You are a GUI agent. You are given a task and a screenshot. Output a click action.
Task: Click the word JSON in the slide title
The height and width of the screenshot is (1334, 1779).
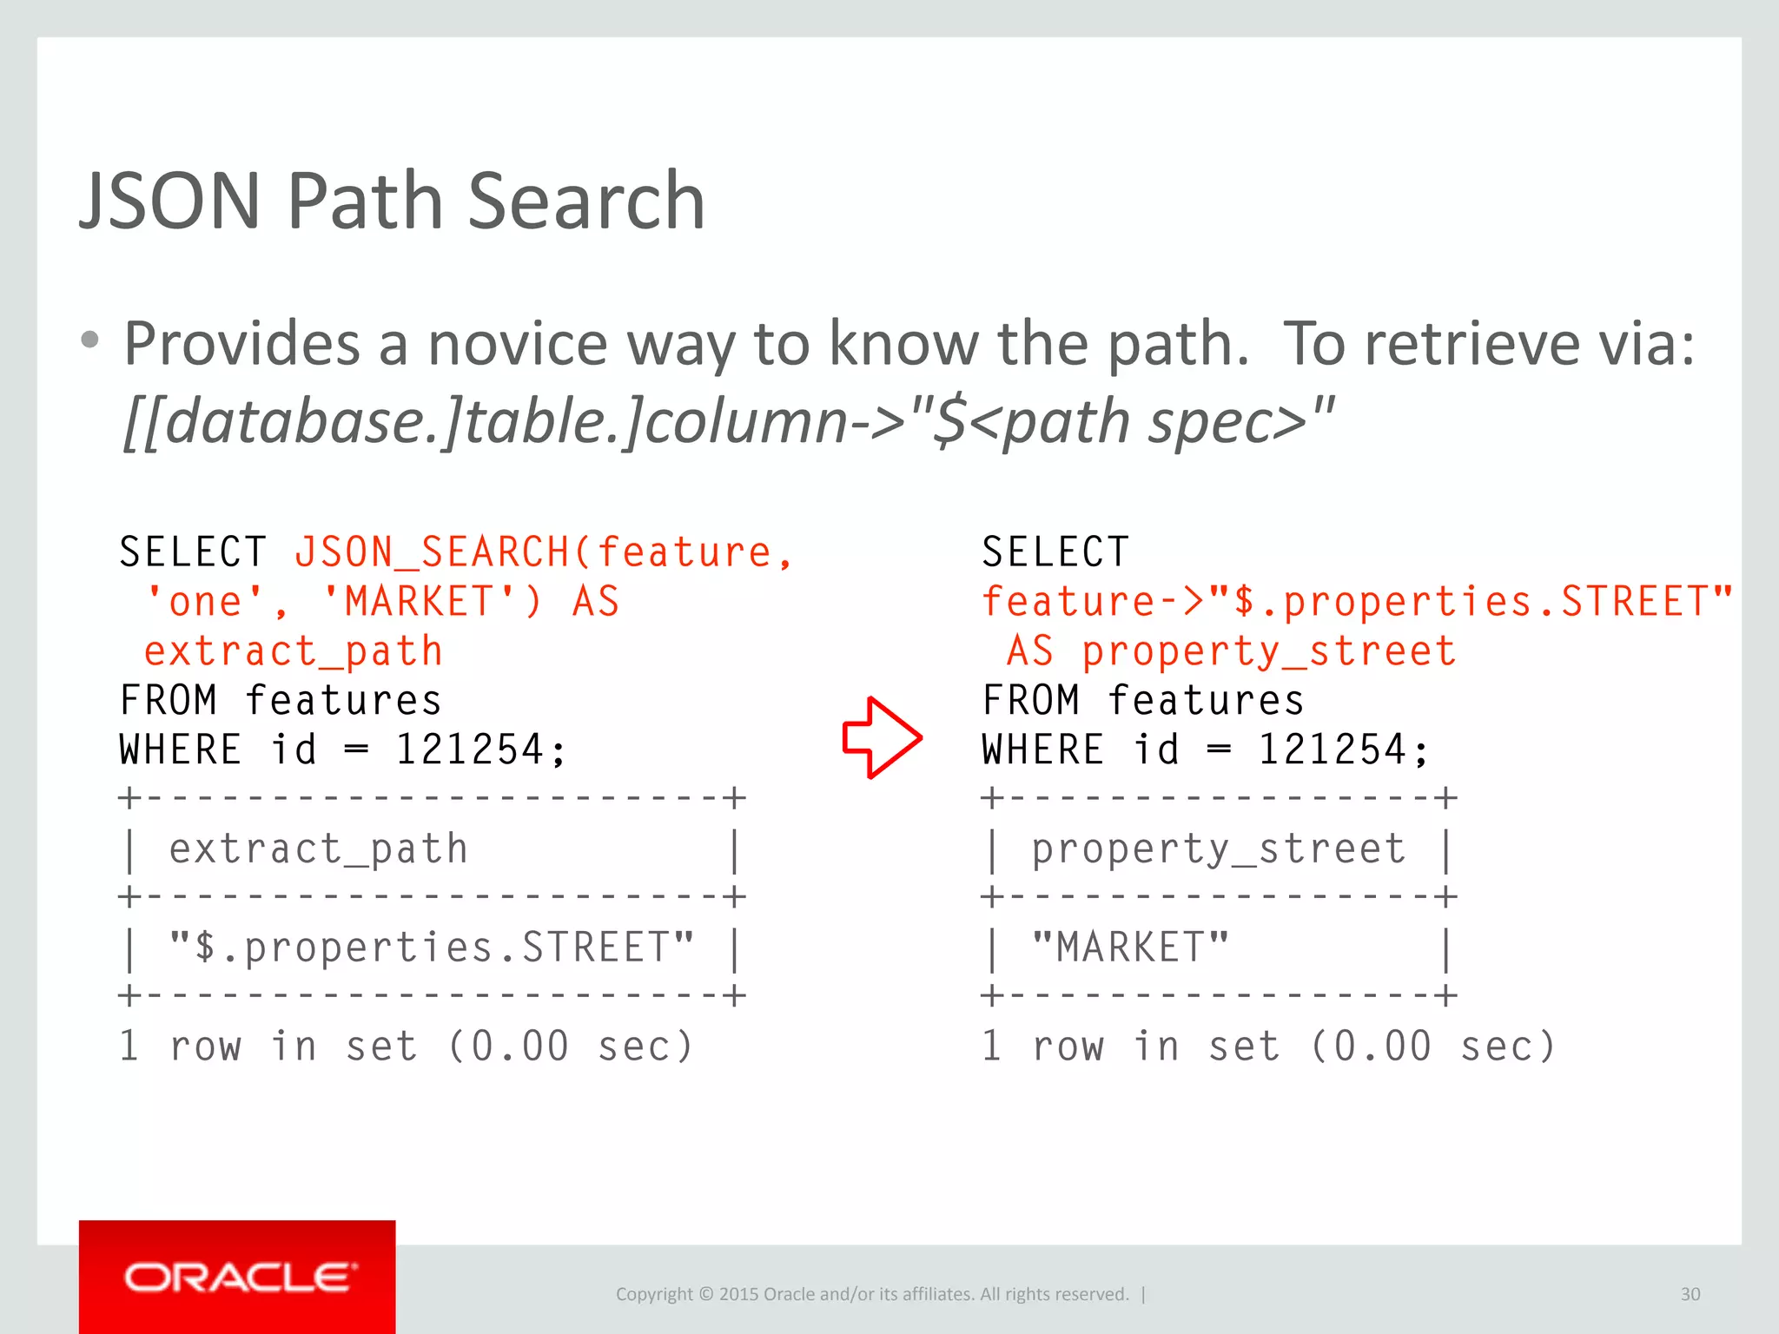pos(170,201)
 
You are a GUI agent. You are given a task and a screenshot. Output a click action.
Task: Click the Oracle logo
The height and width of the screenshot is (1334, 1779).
pos(237,1277)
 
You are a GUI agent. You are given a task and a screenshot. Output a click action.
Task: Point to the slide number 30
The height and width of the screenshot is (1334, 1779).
pos(1690,1294)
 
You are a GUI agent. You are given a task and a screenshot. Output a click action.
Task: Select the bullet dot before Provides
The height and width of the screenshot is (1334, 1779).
pos(89,340)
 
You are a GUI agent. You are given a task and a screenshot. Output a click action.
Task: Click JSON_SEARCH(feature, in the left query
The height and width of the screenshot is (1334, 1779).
pos(543,552)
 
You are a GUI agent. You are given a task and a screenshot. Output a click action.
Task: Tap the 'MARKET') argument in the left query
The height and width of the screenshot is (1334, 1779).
pos(431,602)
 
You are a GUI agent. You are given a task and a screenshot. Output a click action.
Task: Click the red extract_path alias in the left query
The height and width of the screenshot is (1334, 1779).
pos(294,651)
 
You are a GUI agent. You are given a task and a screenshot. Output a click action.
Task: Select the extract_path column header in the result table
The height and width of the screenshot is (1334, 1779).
pos(318,849)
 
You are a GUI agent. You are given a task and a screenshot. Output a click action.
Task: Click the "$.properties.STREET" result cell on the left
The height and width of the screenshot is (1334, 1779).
pos(432,948)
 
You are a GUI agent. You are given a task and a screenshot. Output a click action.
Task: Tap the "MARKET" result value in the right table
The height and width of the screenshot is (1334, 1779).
pos(1130,948)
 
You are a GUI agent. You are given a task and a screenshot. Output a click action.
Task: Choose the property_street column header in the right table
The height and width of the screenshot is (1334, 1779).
pos(1218,849)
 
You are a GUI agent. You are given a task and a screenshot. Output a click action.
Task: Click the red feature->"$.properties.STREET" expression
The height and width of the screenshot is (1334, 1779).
pos(1357,602)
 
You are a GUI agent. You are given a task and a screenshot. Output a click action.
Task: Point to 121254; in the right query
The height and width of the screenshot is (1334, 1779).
pos(1343,750)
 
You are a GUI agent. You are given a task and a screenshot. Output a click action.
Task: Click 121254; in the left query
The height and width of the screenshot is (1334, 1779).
pos(480,750)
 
